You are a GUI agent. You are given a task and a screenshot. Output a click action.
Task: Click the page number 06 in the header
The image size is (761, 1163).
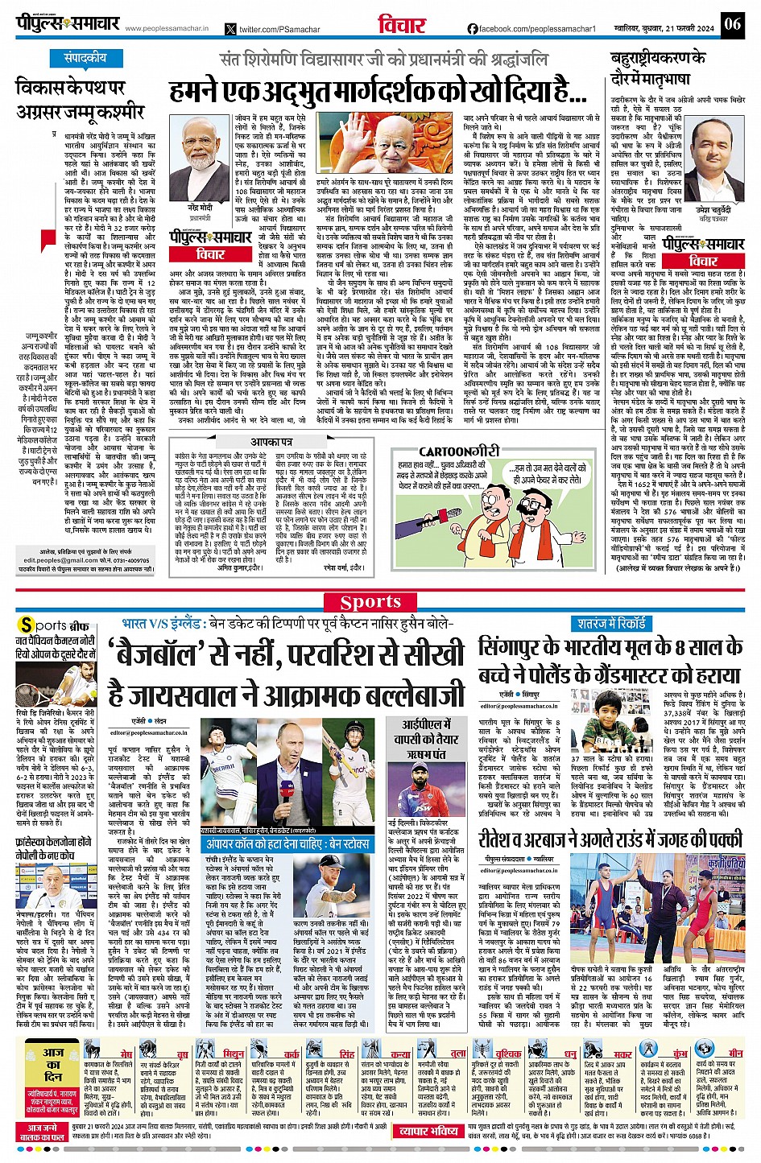tap(731, 23)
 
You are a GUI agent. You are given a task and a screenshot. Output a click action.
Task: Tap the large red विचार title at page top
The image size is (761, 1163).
tap(402, 25)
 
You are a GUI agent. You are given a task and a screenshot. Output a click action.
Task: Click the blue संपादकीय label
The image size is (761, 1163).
tap(86, 58)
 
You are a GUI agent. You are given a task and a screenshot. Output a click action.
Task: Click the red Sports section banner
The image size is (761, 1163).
tap(370, 601)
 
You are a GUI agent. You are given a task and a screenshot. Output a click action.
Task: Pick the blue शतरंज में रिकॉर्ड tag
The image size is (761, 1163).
tap(612, 623)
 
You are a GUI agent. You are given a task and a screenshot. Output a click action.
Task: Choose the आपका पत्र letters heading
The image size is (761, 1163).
tap(271, 442)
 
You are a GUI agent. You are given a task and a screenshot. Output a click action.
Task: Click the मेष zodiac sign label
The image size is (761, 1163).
tap(126, 1053)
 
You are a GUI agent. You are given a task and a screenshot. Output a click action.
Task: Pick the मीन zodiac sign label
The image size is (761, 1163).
tap(736, 1053)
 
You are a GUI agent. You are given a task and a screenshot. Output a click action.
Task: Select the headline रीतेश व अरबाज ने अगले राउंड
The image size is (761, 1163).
tap(610, 839)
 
